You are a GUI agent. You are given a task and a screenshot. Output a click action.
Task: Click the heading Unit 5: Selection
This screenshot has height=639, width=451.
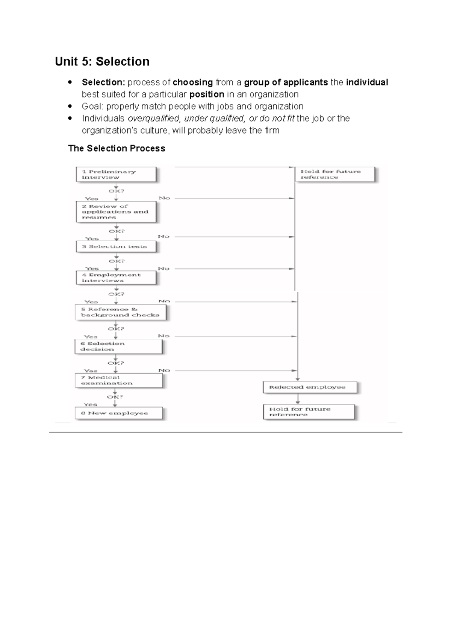(x=102, y=61)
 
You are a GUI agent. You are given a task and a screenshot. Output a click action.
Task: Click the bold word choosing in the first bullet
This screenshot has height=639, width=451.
(x=192, y=82)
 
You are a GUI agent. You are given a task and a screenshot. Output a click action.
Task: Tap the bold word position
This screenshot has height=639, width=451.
(x=207, y=94)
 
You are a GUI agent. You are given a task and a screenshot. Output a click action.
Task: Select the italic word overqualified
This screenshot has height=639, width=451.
(x=154, y=118)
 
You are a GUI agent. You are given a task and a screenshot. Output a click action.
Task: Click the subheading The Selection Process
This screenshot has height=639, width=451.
(x=117, y=148)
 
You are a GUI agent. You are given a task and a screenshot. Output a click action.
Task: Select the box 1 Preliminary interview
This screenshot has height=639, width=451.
(x=116, y=175)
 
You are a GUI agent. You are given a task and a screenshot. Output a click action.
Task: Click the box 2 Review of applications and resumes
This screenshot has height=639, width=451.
(x=116, y=212)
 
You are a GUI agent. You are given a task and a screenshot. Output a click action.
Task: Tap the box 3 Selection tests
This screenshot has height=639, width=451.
(x=116, y=246)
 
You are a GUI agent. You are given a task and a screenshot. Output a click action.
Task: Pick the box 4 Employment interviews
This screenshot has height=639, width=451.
(x=116, y=278)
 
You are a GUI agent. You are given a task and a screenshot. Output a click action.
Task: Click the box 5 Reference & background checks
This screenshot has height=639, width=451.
(x=120, y=312)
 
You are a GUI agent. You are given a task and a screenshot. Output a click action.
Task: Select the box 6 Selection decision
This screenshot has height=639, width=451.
(x=118, y=347)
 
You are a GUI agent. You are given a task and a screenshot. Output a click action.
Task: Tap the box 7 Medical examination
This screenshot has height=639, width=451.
(x=118, y=380)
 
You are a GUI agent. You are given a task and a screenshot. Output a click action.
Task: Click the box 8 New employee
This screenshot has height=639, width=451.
(x=118, y=413)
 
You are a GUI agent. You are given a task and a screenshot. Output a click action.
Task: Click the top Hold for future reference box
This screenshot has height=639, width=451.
(x=334, y=174)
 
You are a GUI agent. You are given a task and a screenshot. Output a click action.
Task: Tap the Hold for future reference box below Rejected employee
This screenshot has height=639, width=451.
(x=309, y=412)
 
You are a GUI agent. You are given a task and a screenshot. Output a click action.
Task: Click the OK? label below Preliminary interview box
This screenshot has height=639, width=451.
(x=117, y=191)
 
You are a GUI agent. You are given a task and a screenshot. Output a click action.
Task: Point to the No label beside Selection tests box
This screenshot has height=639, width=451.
(x=163, y=236)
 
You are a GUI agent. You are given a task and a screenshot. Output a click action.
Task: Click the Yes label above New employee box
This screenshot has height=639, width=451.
(x=91, y=405)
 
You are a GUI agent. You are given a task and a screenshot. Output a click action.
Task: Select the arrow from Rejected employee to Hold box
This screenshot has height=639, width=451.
(x=298, y=399)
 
